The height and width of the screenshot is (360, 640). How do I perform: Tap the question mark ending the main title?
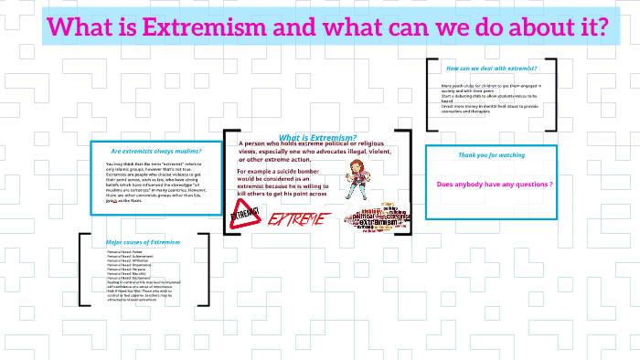click(601, 27)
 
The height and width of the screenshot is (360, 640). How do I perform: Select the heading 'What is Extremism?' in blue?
click(317, 137)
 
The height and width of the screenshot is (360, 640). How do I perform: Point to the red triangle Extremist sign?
click(244, 217)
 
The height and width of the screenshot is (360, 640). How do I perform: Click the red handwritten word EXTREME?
click(297, 219)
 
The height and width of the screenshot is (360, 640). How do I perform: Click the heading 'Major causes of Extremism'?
click(144, 242)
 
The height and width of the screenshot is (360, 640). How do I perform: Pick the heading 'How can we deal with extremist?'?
click(491, 69)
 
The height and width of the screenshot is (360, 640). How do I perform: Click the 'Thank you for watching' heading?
click(492, 155)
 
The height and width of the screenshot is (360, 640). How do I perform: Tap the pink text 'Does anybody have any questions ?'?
click(495, 185)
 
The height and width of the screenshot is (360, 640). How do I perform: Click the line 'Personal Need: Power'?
click(125, 252)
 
